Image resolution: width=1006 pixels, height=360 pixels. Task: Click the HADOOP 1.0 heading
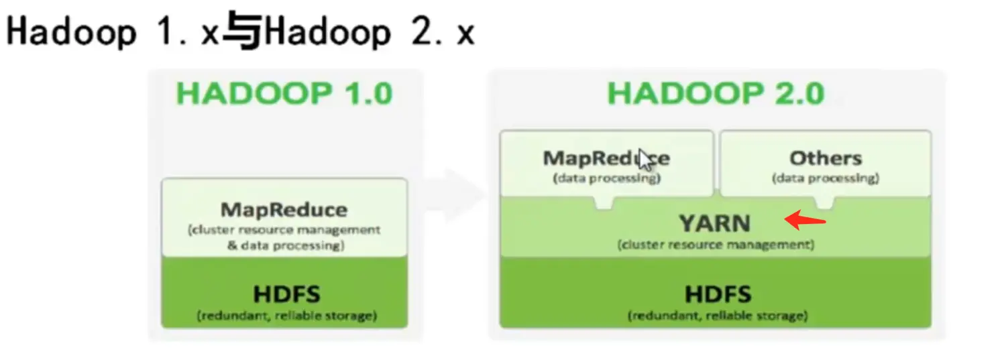tap(284, 94)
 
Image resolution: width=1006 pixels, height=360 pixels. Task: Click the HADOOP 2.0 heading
tap(716, 94)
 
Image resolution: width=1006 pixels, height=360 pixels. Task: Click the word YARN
tap(715, 222)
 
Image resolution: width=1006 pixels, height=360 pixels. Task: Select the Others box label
tap(825, 158)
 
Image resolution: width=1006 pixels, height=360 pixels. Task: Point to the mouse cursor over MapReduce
tap(646, 161)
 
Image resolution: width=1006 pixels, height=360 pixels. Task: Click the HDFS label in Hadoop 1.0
tap(286, 294)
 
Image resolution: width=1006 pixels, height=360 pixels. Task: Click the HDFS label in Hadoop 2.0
tap(718, 294)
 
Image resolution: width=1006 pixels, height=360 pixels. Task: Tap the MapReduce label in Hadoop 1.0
tap(284, 210)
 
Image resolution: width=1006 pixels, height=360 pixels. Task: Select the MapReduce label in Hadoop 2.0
tap(606, 158)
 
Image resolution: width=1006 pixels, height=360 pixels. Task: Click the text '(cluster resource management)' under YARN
tap(716, 245)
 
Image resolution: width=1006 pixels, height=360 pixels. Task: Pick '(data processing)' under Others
tap(825, 179)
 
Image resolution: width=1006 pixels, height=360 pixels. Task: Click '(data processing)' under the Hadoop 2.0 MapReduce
tap(606, 179)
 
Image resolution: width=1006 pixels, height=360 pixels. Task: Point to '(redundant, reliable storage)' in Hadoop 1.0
tap(286, 315)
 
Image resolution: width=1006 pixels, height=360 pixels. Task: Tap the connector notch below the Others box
tap(824, 202)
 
